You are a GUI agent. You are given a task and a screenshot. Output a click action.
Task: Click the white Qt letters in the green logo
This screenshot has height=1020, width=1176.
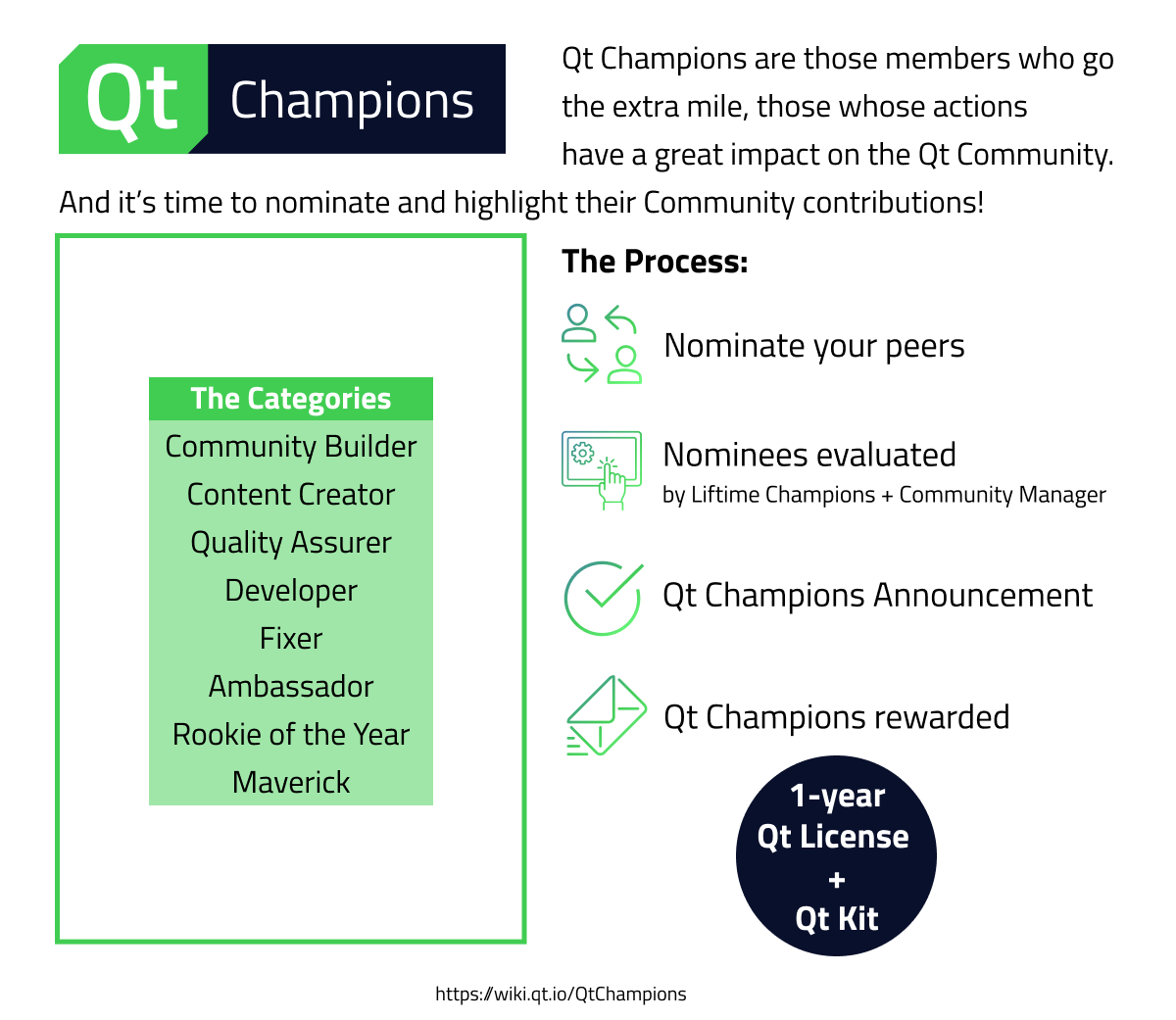tap(132, 99)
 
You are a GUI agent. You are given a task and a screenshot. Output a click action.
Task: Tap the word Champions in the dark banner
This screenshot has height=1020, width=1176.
tap(352, 100)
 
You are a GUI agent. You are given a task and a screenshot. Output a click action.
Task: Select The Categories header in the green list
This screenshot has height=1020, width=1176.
tap(290, 399)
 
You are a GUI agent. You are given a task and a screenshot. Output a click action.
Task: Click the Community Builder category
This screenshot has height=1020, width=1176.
tap(290, 447)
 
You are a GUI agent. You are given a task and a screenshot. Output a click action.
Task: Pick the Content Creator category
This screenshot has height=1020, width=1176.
tap(290, 495)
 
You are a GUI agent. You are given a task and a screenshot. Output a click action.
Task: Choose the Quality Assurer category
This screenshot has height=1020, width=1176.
tap(290, 543)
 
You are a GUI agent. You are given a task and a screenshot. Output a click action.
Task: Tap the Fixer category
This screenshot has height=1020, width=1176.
tap(290, 639)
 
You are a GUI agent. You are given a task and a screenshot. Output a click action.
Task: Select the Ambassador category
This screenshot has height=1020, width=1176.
tap(290, 687)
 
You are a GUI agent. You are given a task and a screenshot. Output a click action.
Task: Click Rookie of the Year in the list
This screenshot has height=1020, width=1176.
tap(290, 735)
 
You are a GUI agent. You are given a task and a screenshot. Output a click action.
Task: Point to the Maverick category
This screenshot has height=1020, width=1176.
tap(290, 783)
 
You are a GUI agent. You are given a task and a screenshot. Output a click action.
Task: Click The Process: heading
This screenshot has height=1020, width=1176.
tap(655, 262)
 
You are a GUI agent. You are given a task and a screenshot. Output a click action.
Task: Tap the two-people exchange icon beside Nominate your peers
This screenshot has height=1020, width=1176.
tap(602, 344)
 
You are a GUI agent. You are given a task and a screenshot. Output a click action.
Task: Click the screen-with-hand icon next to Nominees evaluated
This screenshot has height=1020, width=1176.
tap(602, 468)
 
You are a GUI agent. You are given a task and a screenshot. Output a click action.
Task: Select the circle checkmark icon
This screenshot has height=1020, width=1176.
tap(602, 598)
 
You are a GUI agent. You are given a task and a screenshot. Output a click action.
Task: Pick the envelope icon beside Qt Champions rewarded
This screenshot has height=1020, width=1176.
tap(605, 716)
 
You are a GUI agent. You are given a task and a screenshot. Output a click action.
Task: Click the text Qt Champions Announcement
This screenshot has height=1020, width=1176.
tap(877, 596)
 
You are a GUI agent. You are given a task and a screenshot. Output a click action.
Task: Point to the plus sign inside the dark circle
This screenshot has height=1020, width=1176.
tap(836, 880)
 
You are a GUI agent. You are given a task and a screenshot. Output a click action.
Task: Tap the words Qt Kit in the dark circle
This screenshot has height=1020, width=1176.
tap(836, 919)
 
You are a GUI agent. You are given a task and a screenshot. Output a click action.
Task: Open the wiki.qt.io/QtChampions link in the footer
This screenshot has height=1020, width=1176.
tap(561, 995)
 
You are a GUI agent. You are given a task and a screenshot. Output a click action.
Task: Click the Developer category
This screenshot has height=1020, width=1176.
tap(290, 591)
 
